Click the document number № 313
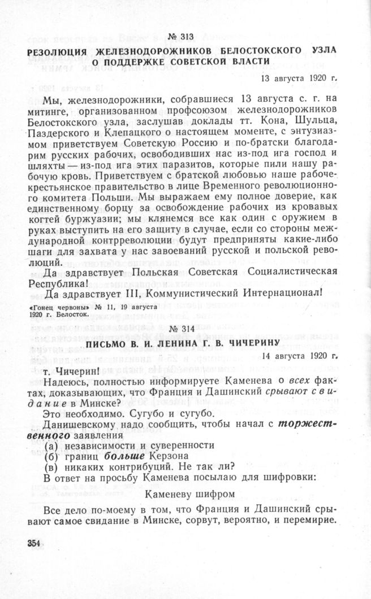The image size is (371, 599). click(182, 37)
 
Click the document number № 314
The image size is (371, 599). click(182, 329)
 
